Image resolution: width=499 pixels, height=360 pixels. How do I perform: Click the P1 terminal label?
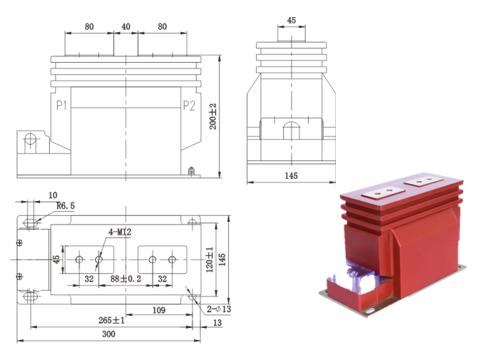(62, 106)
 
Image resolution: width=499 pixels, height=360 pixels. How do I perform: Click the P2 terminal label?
(189, 106)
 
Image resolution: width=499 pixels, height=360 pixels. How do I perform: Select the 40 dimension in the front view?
(125, 26)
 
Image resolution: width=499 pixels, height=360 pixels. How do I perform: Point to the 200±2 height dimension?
(212, 115)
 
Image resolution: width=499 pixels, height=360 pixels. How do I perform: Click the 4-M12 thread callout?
(119, 232)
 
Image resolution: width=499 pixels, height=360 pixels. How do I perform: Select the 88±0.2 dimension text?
(125, 279)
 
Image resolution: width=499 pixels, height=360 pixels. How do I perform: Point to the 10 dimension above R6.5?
(53, 195)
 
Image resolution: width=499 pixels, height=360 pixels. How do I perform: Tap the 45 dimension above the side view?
(291, 21)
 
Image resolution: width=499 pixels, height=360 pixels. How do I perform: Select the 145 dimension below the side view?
(291, 175)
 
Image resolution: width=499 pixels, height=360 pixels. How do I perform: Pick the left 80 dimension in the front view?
(89, 26)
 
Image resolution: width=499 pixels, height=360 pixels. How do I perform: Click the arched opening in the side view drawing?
(291, 130)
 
